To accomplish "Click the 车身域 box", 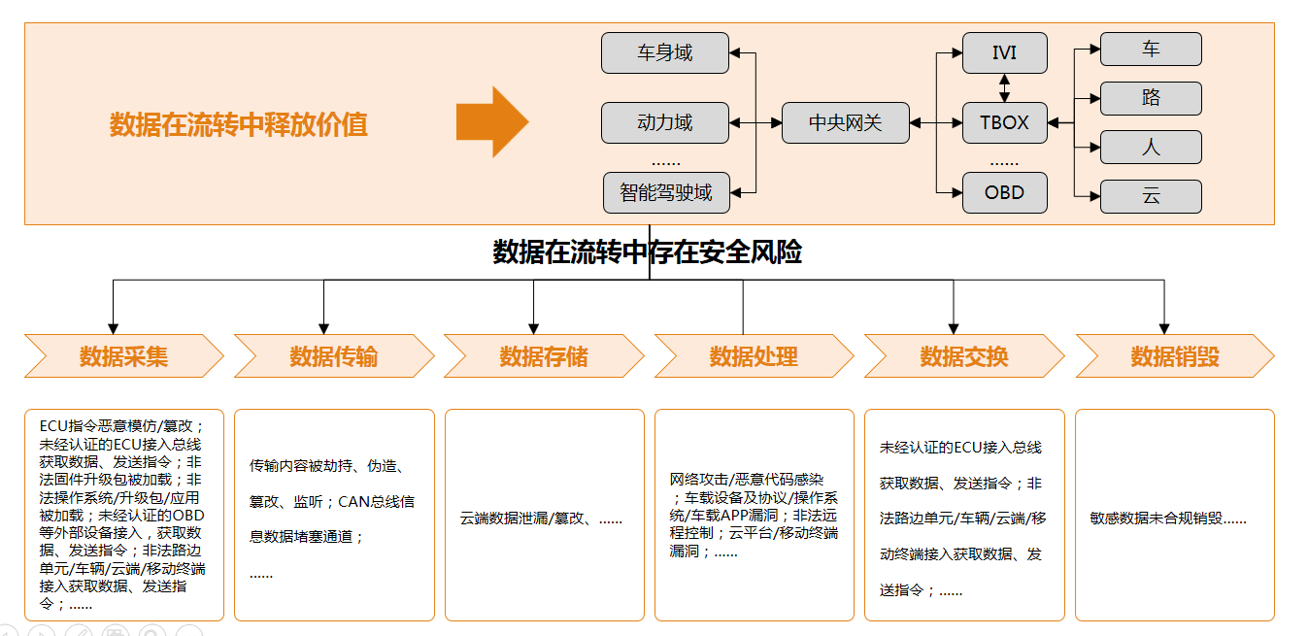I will tap(664, 52).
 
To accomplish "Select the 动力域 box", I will tap(664, 122).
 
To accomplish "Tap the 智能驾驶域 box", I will tap(665, 192).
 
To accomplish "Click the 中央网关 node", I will tap(845, 123).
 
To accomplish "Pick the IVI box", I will tap(1004, 52).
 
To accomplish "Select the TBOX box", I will tap(1004, 123).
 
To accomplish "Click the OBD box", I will tap(1004, 192).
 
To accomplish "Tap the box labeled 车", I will tap(1151, 50).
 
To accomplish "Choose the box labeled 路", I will tap(1151, 98).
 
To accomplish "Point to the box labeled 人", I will tap(1151, 148).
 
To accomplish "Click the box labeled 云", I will tap(1151, 196).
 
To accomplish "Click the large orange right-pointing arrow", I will tap(491, 122).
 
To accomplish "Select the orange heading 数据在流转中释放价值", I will tap(239, 124).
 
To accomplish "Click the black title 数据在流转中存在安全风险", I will tap(648, 252).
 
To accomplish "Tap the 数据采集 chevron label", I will tap(123, 356).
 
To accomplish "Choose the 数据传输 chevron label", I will tap(333, 356).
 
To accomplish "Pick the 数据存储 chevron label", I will tap(544, 356).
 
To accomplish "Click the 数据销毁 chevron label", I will tap(1174, 356).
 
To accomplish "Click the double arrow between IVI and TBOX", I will tap(1004, 87).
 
